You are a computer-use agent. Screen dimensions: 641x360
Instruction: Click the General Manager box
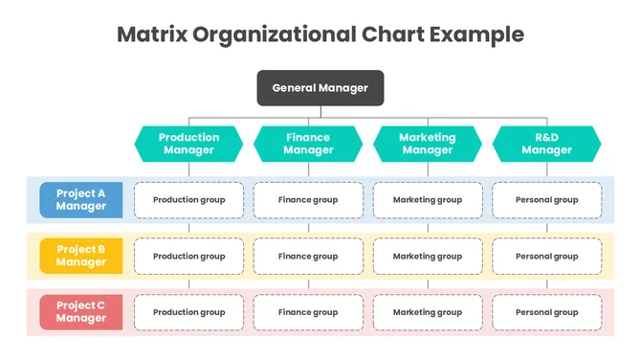coord(320,88)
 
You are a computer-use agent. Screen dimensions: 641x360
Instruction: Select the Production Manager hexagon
coord(188,144)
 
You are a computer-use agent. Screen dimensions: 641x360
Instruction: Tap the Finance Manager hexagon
coord(308,144)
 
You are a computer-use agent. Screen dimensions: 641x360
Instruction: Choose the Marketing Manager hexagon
coord(428,144)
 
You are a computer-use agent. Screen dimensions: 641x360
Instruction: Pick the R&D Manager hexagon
coord(546,144)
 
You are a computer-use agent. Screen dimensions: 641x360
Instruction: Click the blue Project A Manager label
coord(81,200)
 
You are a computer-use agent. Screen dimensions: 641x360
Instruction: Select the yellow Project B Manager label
coord(81,256)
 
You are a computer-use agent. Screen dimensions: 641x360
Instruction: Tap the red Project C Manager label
coord(81,312)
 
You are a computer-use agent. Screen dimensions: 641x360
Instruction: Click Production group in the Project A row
coord(189,200)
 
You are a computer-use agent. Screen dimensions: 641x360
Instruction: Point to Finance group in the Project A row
coord(308,200)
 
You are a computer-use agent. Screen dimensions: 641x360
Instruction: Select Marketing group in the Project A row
coord(428,200)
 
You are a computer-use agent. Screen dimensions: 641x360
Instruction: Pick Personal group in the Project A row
coord(546,200)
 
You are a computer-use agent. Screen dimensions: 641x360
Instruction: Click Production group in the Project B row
coord(189,257)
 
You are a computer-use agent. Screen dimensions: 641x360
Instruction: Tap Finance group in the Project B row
coord(308,257)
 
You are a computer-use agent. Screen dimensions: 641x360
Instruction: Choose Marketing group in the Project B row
coord(428,257)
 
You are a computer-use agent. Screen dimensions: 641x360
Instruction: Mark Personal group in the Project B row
coord(546,257)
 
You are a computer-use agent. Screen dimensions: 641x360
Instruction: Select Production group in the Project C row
coord(189,312)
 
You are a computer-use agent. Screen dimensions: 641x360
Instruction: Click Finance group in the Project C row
coord(308,312)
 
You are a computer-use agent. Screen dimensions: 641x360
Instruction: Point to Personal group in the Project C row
coord(546,312)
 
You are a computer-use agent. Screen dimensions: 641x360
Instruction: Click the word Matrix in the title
coord(151,34)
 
